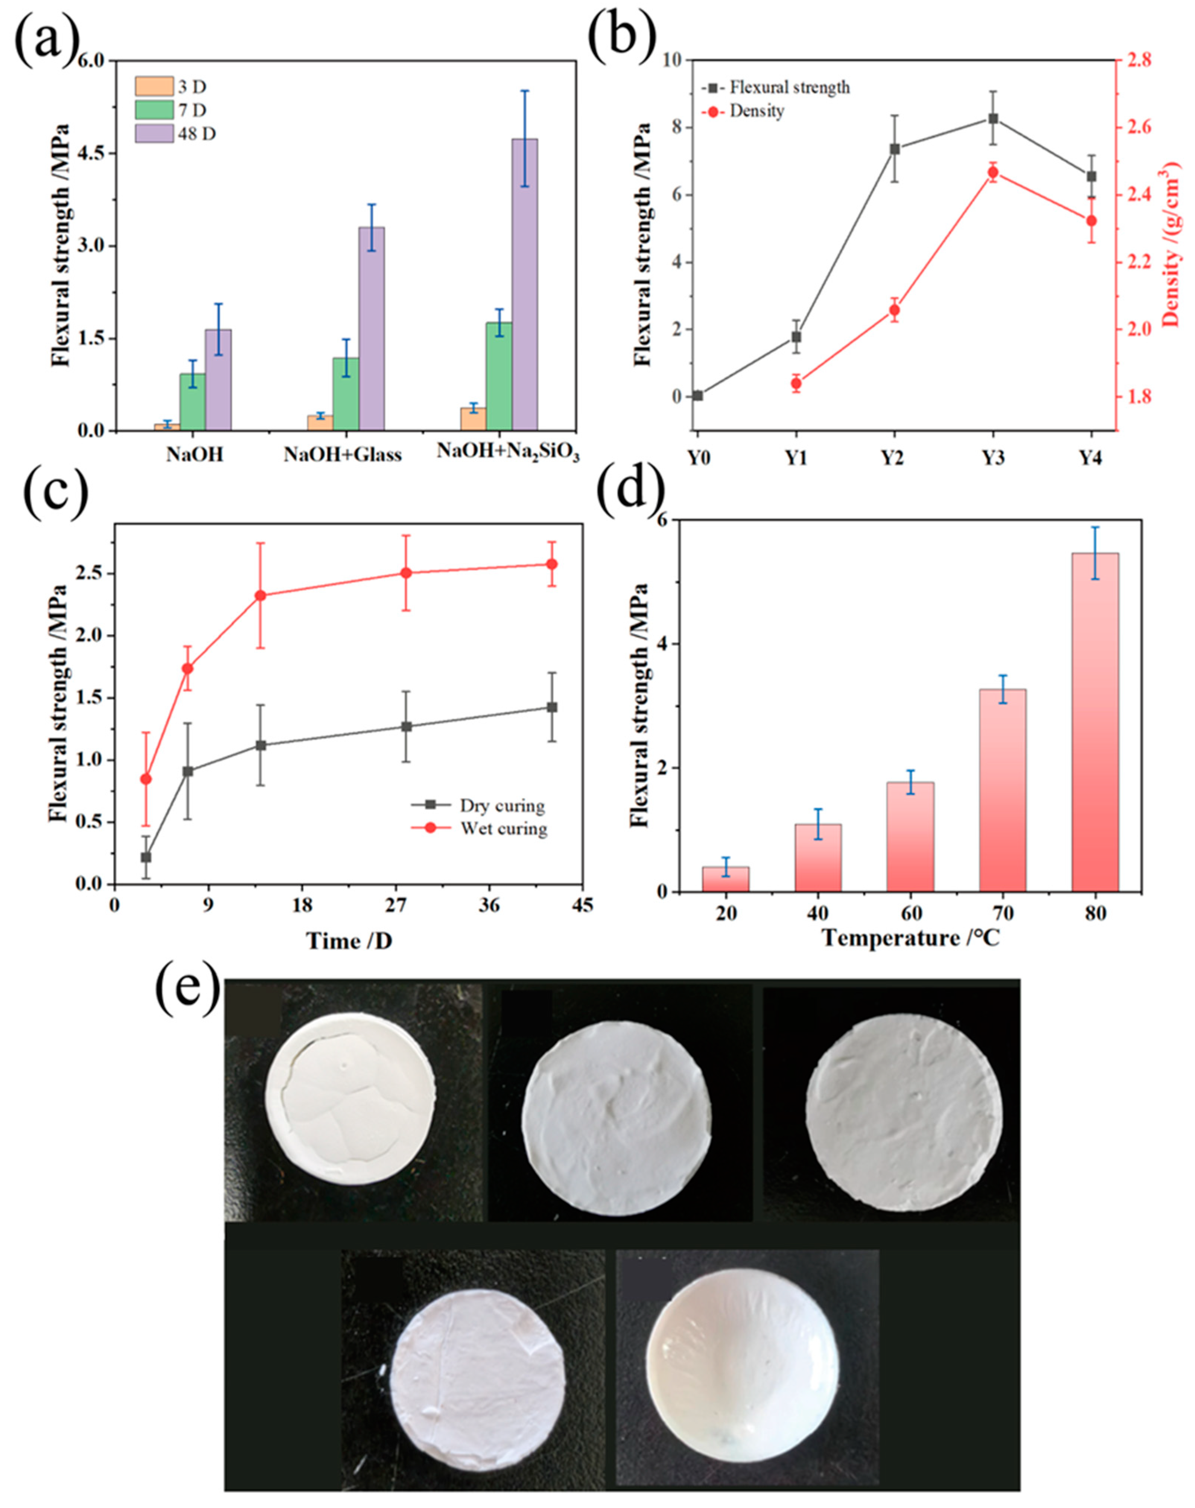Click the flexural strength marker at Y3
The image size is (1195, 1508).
click(993, 119)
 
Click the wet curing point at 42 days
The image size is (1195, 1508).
click(552, 564)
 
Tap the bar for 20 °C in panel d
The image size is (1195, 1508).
click(726, 878)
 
